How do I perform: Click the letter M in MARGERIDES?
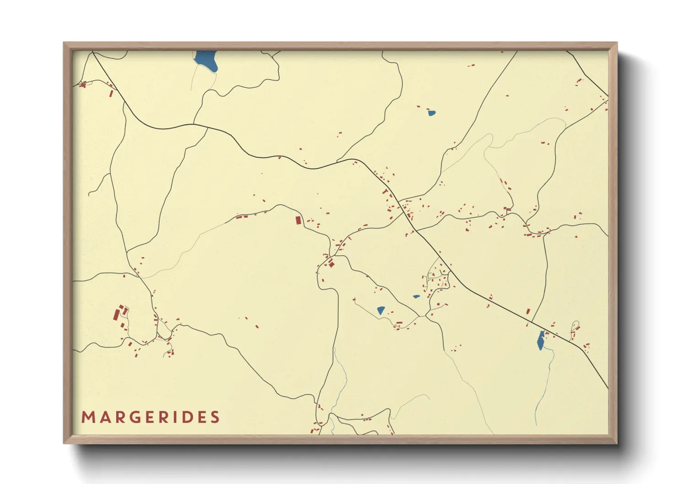(87, 417)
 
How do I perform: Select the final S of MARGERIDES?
(215, 417)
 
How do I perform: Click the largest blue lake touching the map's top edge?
(206, 60)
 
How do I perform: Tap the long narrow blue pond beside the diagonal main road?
(541, 340)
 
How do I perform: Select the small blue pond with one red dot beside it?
(431, 113)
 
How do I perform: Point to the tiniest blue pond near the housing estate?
(416, 296)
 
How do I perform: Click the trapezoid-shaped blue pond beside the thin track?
(381, 310)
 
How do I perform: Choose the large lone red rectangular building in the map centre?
(298, 220)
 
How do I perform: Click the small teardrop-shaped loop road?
(575, 325)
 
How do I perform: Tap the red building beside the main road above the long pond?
(528, 311)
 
